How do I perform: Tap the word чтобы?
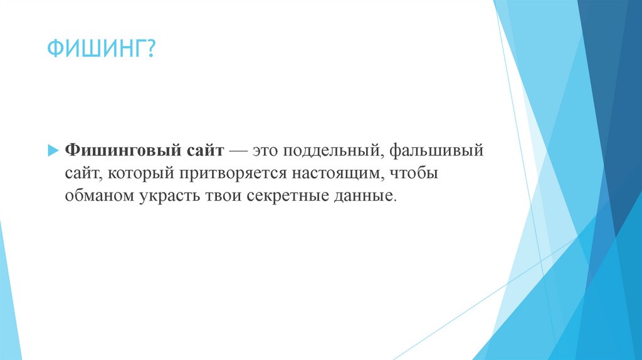(418, 174)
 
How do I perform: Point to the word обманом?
(98, 196)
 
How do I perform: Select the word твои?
(221, 196)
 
